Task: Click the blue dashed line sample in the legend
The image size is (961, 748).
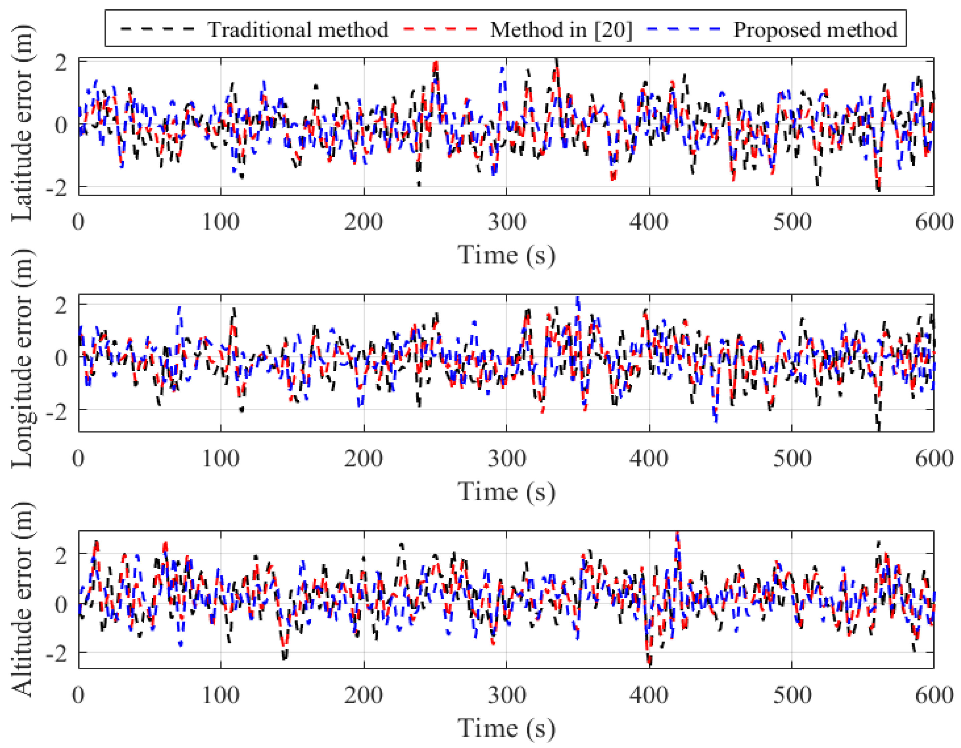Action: point(684,29)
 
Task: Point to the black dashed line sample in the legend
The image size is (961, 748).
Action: point(157,29)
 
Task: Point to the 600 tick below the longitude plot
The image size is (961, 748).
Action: point(934,459)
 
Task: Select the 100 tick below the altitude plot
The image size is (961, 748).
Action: point(220,696)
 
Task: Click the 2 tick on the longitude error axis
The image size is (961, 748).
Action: point(61,305)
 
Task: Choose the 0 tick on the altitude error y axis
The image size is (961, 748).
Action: point(61,604)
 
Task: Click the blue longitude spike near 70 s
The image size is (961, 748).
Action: point(179,309)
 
